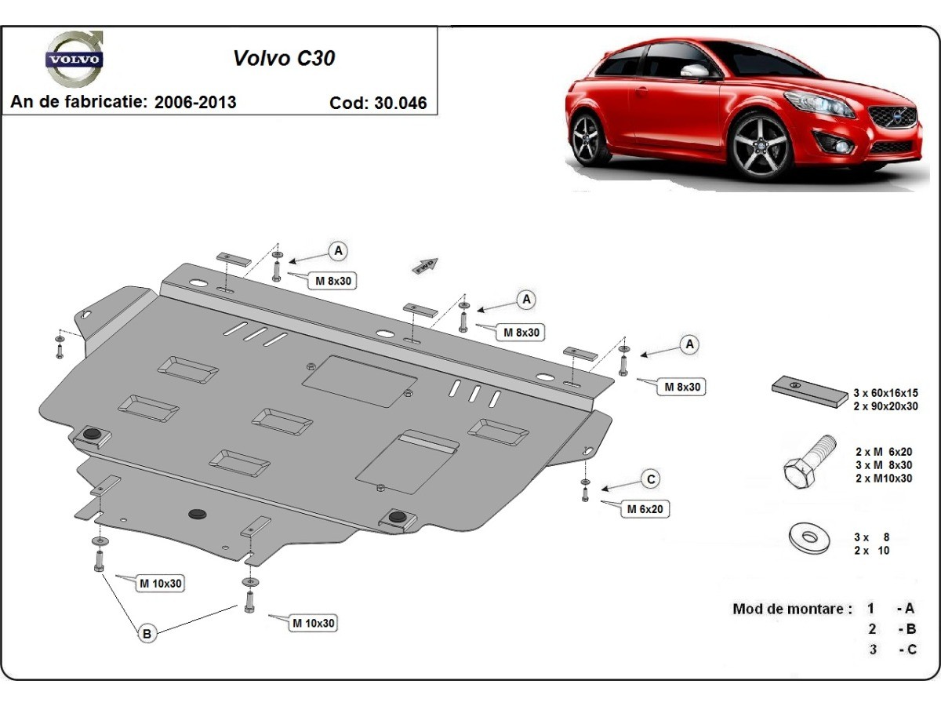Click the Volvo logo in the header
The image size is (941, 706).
[74, 58]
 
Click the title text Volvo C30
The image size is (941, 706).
[284, 58]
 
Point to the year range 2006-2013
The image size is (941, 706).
[195, 102]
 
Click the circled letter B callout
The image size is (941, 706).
[147, 633]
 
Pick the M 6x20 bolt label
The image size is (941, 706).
[645, 509]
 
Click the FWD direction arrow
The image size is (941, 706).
[425, 265]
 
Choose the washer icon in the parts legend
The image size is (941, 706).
[808, 539]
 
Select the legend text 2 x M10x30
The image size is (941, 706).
[884, 479]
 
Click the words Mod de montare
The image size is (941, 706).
[791, 609]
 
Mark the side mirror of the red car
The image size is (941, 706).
[695, 71]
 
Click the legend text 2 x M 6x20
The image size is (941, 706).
[884, 453]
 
